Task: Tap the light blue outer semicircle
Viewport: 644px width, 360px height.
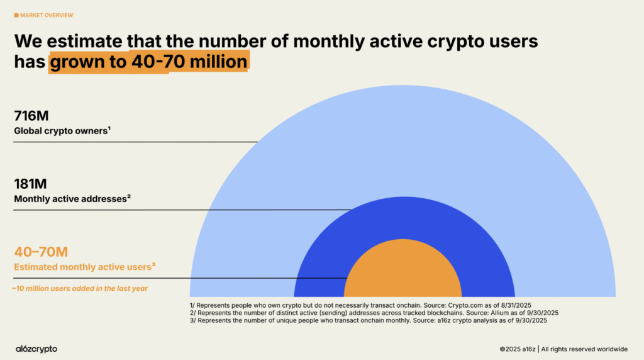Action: (x=402, y=138)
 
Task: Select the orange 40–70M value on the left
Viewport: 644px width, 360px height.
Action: (x=41, y=252)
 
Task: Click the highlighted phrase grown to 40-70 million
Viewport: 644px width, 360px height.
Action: (x=148, y=62)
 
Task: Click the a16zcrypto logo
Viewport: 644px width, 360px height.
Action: (x=36, y=348)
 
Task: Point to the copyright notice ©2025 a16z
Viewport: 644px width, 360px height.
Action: (x=518, y=348)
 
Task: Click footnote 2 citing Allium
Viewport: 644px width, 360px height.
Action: (x=374, y=313)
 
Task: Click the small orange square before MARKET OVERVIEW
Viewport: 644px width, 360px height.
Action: (x=16, y=15)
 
